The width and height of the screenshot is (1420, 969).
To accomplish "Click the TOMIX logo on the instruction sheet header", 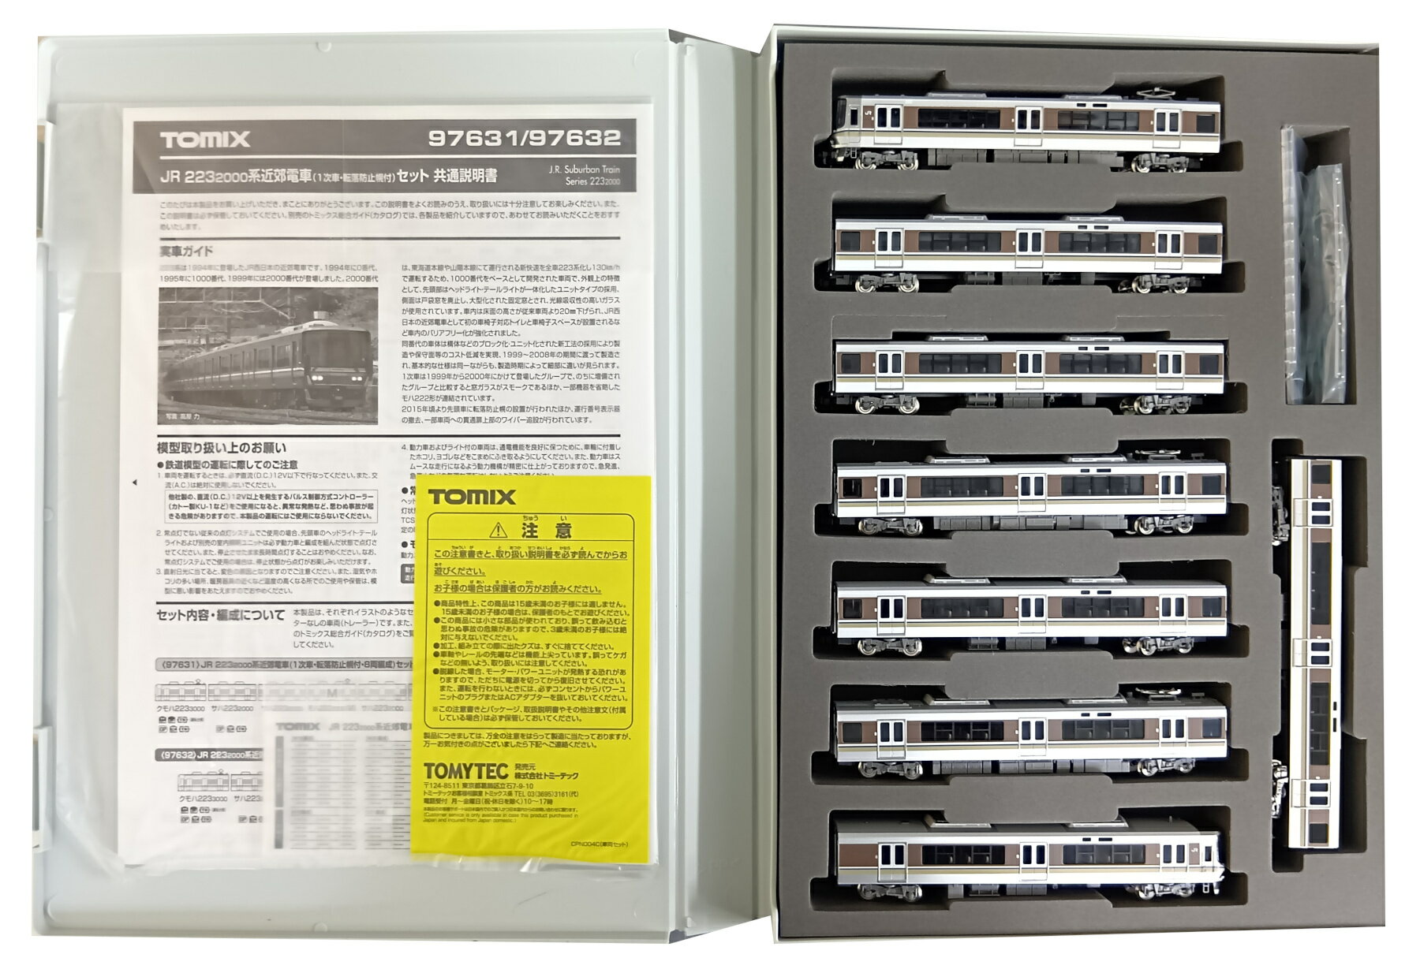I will point(205,140).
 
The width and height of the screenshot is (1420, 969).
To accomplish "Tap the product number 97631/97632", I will point(524,139).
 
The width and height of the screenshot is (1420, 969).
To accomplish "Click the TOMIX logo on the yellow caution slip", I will point(472,497).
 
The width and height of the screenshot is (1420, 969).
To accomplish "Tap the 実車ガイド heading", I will point(186,252).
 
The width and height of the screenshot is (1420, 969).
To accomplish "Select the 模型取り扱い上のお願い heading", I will point(222,447).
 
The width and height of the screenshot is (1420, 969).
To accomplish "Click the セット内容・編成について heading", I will point(220,614).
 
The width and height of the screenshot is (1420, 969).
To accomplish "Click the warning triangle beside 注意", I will point(497,530).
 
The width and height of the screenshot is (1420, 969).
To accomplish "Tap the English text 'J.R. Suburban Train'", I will point(584,170).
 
